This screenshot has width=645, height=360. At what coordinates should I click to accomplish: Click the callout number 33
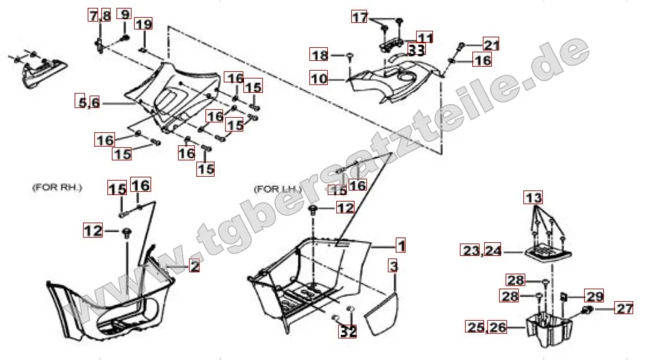[416, 50]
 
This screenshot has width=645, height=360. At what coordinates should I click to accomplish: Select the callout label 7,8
[100, 16]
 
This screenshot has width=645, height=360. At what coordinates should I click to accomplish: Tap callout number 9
[124, 14]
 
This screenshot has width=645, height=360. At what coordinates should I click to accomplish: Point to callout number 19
[143, 24]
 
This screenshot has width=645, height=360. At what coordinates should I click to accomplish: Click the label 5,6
[88, 101]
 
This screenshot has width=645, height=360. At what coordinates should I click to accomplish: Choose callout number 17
[360, 17]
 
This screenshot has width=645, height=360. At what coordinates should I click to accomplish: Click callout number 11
[425, 38]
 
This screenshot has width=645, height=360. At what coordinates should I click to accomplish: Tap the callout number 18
[319, 54]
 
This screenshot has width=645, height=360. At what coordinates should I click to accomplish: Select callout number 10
[319, 78]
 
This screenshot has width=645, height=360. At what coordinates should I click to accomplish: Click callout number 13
[533, 198]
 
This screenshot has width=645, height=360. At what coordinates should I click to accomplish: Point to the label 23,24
[481, 250]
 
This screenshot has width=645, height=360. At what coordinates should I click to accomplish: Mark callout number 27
[623, 308]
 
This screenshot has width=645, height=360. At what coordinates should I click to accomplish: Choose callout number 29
[595, 296]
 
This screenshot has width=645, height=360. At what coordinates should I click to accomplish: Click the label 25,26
[486, 327]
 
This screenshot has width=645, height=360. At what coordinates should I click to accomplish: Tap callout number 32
[347, 331]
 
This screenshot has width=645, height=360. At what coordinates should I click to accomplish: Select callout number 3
[394, 266]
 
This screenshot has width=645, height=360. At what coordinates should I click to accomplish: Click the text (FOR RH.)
[57, 188]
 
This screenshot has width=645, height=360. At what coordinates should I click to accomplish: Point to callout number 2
[194, 266]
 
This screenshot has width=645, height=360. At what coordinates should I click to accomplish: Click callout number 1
[400, 245]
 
